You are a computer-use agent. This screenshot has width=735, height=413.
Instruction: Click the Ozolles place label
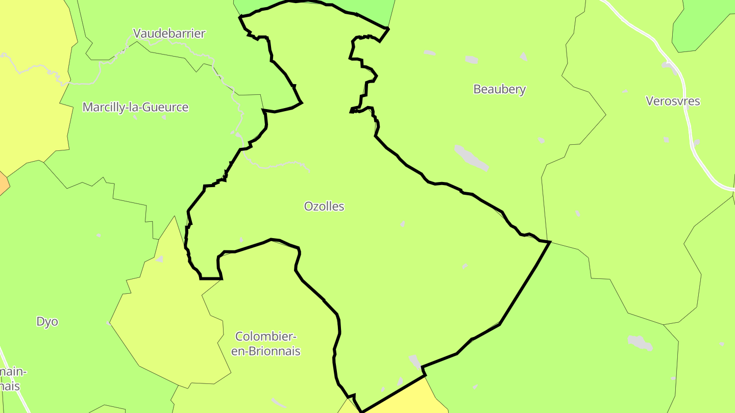[324, 206]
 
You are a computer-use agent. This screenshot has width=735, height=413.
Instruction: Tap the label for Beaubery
[499, 89]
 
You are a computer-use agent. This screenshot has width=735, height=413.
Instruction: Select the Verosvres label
[673, 101]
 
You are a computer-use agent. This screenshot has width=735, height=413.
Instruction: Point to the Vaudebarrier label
[169, 34]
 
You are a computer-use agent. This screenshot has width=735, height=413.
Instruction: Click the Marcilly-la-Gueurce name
[135, 108]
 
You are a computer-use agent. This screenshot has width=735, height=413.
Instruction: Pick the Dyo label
[47, 322]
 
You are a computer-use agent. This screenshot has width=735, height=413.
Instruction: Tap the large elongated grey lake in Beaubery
[471, 158]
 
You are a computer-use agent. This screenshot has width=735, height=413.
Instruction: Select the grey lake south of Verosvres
[640, 343]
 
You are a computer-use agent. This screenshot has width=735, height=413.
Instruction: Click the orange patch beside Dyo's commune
[3, 184]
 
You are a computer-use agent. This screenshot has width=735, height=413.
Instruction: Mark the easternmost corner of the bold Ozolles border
[550, 242]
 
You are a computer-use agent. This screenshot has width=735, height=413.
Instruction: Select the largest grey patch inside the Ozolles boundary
[415, 362]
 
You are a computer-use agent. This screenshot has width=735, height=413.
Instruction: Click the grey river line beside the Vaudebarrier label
[122, 51]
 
